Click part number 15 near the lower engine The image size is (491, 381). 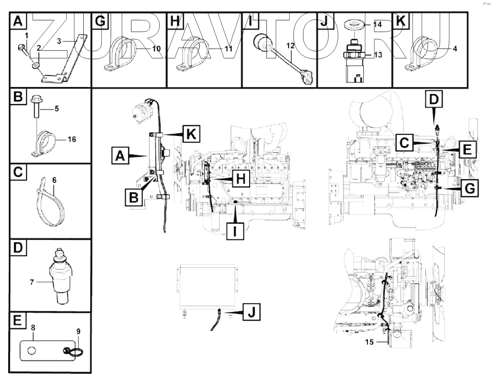tap(369, 341)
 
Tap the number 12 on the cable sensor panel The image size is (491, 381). tap(290, 46)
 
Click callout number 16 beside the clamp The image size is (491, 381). tap(71, 139)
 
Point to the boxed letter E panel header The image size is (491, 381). tap(17, 321)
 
